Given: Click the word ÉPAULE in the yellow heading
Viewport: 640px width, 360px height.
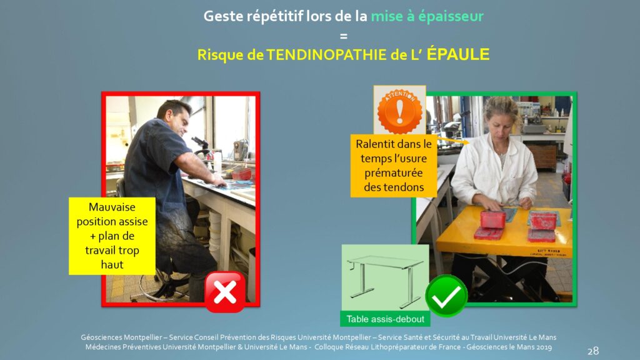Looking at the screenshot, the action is (x=458, y=54).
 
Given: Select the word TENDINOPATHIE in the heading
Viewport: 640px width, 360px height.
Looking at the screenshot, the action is (x=326, y=55).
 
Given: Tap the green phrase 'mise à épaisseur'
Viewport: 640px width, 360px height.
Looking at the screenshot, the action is (x=427, y=16).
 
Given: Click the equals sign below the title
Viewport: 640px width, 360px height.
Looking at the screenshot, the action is (x=344, y=36).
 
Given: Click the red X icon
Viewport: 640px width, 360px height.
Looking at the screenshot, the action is (x=225, y=292).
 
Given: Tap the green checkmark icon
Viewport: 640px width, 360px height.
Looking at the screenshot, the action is (x=446, y=296).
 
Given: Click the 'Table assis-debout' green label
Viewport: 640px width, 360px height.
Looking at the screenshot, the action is (x=385, y=319).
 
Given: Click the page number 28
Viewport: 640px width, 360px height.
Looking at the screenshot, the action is (x=593, y=351).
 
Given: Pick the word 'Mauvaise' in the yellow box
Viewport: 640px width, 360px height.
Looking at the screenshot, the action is (x=112, y=207).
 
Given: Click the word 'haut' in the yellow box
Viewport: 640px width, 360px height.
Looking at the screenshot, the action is (x=112, y=265).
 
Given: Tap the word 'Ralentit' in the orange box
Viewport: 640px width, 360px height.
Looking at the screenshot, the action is (x=376, y=144).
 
